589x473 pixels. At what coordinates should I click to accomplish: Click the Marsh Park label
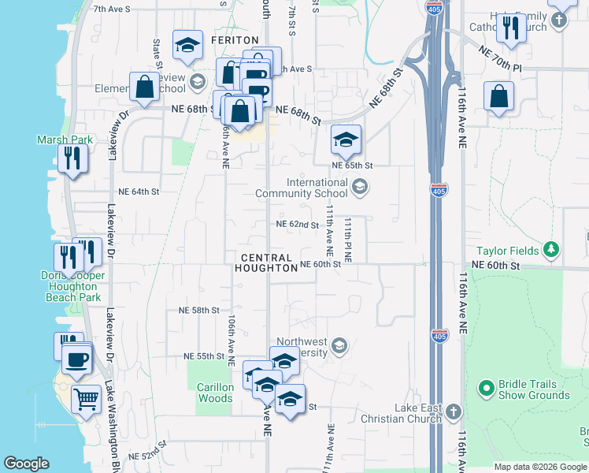pos(65,140)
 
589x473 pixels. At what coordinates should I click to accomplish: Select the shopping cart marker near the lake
pos(86,398)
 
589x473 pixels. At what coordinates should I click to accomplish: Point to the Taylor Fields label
pos(523,251)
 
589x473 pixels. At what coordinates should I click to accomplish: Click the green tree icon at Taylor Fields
pos(553,251)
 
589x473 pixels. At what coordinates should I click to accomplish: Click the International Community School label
pos(317,188)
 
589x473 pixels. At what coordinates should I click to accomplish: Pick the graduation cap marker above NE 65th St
pos(346,140)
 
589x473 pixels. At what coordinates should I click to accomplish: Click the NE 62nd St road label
pos(297,225)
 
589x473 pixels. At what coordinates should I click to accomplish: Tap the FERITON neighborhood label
pos(235,40)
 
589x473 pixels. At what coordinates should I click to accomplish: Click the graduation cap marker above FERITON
pos(188,46)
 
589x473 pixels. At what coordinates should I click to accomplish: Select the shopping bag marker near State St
pos(146,88)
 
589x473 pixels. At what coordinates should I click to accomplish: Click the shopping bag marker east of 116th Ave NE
pos(499,97)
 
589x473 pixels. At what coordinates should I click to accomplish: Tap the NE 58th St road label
pos(198,311)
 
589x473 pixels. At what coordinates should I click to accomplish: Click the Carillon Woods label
pos(215,393)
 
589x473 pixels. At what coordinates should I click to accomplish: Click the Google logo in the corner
pos(27,464)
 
